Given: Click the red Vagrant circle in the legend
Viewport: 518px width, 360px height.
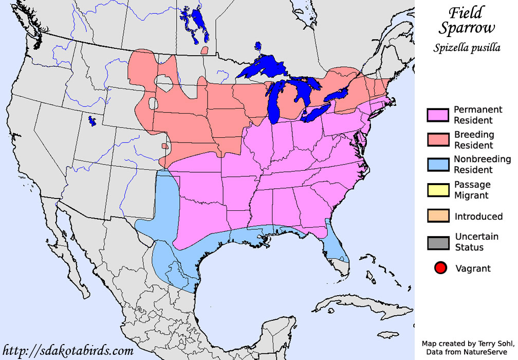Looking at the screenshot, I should click(440, 268).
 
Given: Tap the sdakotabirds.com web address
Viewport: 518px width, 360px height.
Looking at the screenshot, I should click(68, 351).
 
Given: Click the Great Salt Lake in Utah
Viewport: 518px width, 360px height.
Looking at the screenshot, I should click(92, 121).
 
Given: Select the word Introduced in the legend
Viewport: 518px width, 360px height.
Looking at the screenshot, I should click(478, 217).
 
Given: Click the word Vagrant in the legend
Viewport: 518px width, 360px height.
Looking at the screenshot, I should click(473, 268).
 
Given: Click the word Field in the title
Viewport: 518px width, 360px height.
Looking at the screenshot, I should click(466, 12).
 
